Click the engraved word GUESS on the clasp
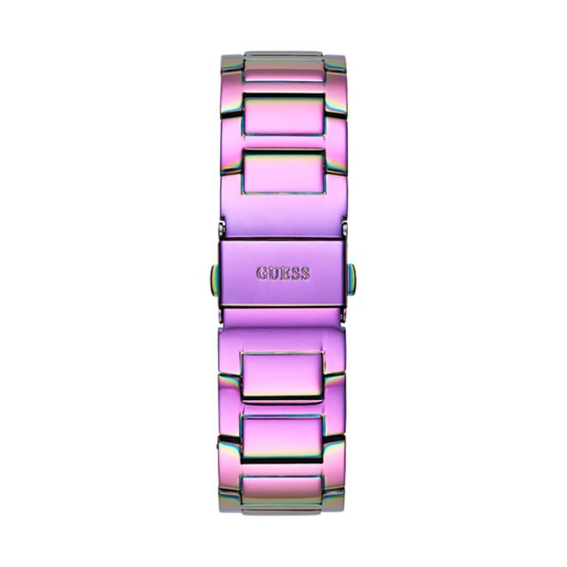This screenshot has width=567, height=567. (283, 274)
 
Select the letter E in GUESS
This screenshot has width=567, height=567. (284, 274)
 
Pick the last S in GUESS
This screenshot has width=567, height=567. (305, 274)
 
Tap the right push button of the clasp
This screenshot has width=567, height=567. (352, 279)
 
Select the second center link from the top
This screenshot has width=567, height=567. (283, 115)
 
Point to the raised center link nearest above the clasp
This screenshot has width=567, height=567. (284, 172)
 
